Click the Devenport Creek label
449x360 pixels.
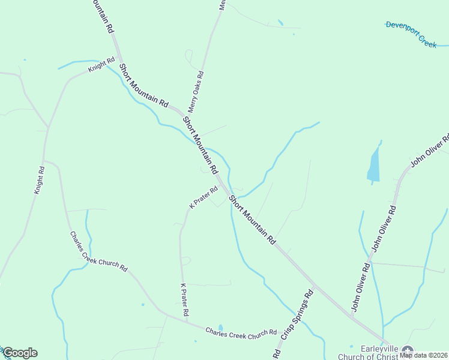(411, 34)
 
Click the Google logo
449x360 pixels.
(20, 353)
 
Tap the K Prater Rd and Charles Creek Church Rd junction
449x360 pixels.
(186, 321)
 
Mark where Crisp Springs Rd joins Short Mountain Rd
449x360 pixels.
(313, 284)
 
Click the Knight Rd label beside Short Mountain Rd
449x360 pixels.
(101, 65)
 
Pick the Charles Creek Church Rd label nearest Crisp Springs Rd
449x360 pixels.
(241, 332)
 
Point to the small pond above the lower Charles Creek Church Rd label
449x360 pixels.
(220, 327)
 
